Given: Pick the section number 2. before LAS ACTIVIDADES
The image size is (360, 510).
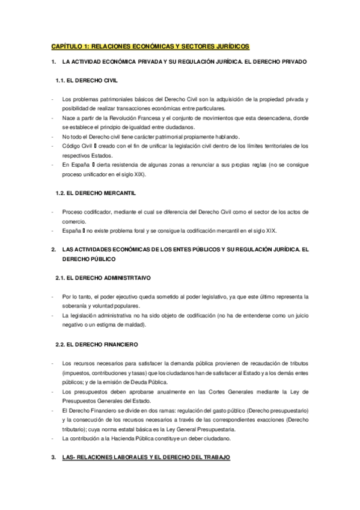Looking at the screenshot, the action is click(53, 250).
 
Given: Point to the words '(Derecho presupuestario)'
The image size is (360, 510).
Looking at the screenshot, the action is click(277, 410).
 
